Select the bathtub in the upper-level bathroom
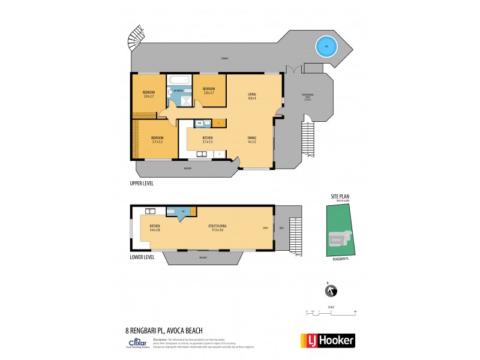point(178,80)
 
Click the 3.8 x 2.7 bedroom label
point(148,94)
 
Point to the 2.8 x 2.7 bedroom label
point(209,91)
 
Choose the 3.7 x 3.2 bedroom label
point(157,140)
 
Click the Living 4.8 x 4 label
point(252,97)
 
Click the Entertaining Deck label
point(308,98)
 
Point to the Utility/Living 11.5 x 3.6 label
point(216,227)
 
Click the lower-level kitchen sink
point(150,211)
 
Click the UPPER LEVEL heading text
point(142,183)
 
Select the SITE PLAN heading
point(339,196)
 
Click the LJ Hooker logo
point(326,340)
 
